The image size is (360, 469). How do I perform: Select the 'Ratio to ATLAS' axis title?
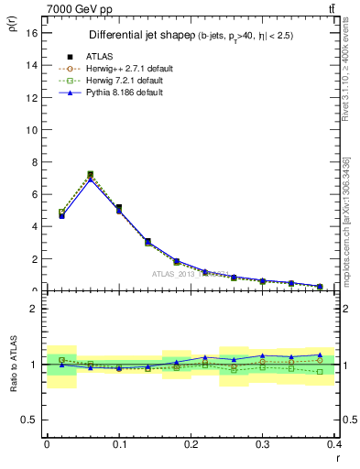click(11, 364)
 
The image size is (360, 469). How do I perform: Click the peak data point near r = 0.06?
click(90, 174)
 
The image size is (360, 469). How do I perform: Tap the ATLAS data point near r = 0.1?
click(119, 208)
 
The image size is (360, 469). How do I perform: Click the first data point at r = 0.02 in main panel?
click(61, 214)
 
